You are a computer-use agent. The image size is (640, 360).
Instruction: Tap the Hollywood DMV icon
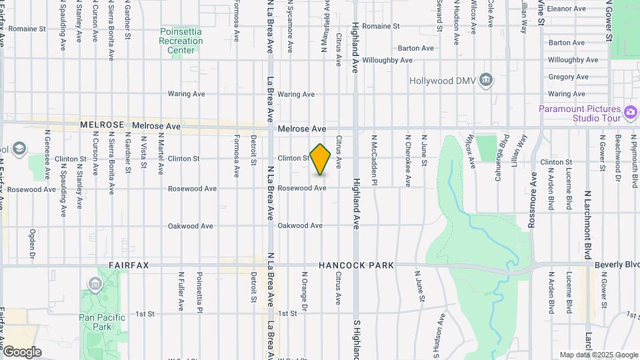pyautogui.click(x=487, y=81)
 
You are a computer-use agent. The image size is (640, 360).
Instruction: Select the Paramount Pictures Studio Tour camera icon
pyautogui.click(x=630, y=113)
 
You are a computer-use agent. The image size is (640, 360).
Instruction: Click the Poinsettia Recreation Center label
pyautogui.click(x=181, y=41)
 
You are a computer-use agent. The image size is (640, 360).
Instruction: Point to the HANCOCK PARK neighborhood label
pyautogui.click(x=356, y=265)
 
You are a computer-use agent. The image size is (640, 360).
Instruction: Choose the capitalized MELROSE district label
pyautogui.click(x=102, y=125)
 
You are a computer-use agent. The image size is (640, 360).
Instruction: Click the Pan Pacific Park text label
pyautogui.click(x=102, y=322)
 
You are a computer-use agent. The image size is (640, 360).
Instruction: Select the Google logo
pyautogui.click(x=21, y=351)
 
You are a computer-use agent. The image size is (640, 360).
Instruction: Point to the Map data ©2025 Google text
pyautogui.click(x=598, y=355)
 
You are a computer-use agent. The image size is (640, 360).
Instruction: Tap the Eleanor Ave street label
pyautogui.click(x=566, y=9)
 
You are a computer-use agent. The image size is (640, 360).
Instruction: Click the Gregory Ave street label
pyautogui.click(x=567, y=77)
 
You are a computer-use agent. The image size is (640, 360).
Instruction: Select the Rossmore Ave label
pyautogui.click(x=532, y=201)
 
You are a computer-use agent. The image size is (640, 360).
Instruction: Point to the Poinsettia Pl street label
pyautogui.click(x=199, y=292)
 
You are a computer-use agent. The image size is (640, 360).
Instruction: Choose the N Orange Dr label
pyautogui.click(x=304, y=291)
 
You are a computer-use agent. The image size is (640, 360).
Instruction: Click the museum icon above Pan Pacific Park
pyautogui.click(x=95, y=285)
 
